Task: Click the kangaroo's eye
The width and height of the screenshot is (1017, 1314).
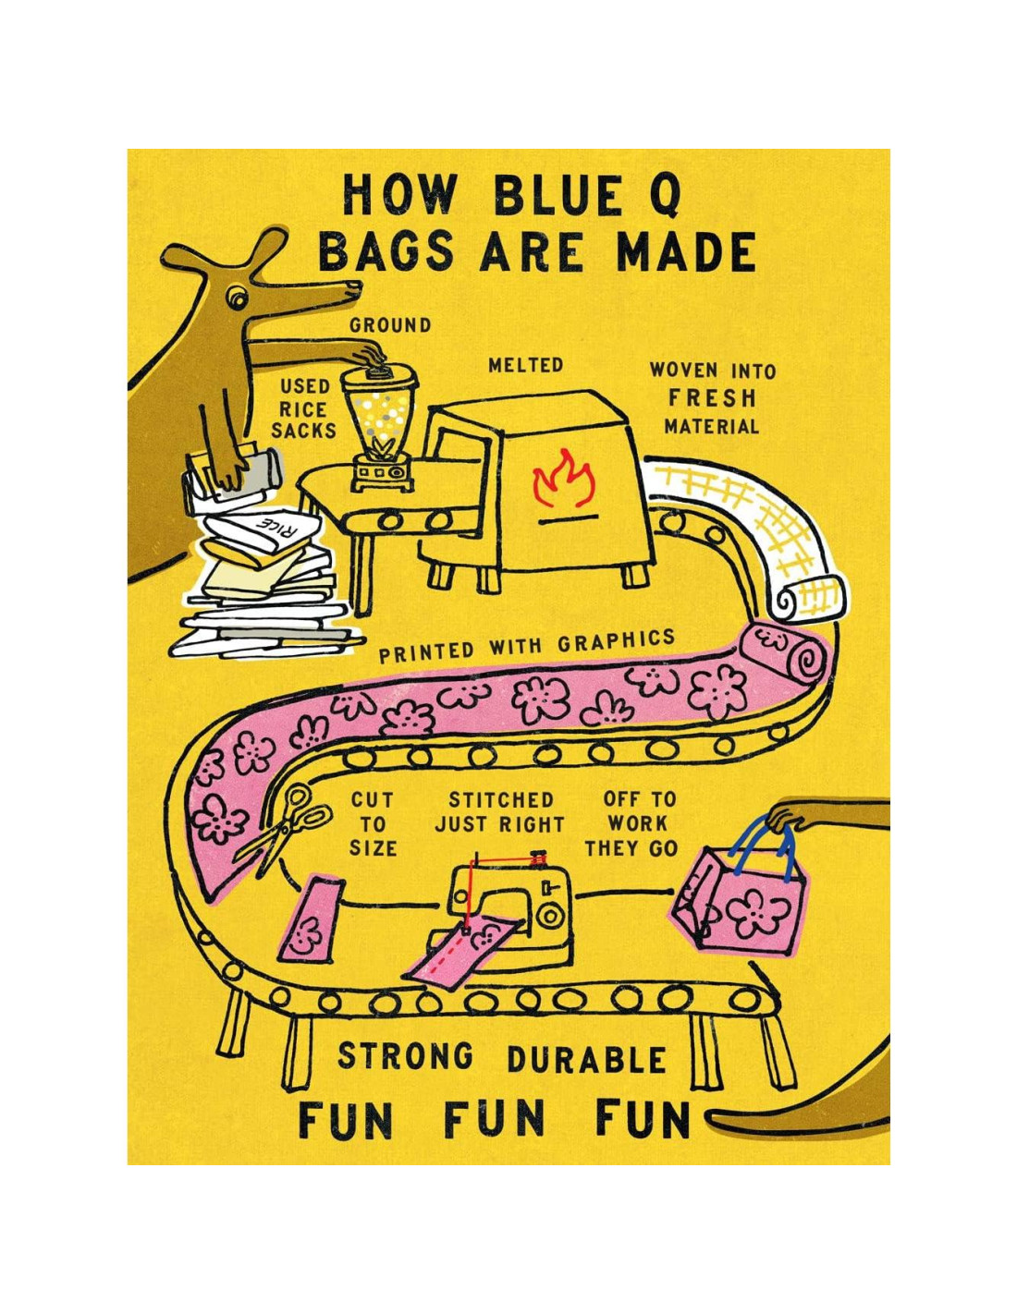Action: (x=238, y=298)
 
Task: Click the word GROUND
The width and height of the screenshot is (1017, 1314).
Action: (x=390, y=325)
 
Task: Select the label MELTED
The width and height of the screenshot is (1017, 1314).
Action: (x=525, y=365)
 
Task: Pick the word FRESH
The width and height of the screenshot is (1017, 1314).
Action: (x=713, y=398)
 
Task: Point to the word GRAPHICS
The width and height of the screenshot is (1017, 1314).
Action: (x=616, y=641)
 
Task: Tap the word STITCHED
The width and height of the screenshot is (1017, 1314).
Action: (x=500, y=799)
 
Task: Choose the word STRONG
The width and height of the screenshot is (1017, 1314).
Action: (x=405, y=1055)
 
